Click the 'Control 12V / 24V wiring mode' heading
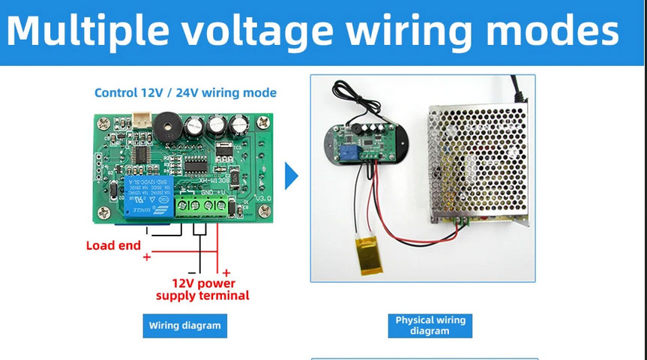point(185,93)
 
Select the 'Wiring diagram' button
point(184,325)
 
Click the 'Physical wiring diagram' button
point(430,325)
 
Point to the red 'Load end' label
point(113,245)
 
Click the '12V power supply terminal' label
point(203,289)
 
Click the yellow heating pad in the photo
point(367,249)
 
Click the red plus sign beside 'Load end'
point(147,257)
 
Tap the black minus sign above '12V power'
point(192,273)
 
